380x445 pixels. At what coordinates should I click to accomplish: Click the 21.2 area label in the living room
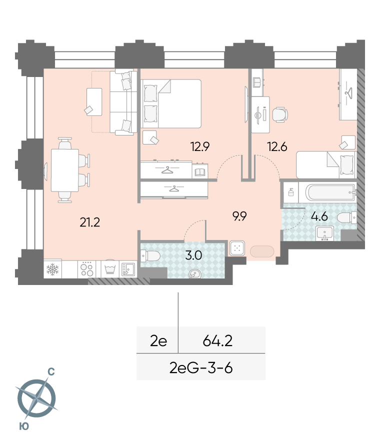[89, 222]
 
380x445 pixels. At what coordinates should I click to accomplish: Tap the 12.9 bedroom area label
[200, 147]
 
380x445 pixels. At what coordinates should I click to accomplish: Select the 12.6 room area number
[277, 147]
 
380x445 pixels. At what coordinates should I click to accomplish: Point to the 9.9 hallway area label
[239, 216]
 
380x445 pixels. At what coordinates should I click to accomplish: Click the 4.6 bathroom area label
[319, 217]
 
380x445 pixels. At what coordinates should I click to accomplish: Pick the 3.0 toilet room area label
[193, 255]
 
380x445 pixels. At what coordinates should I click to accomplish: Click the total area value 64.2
[217, 340]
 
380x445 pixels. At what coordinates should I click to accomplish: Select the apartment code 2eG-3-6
[201, 368]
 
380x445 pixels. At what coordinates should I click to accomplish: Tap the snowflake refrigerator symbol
[52, 269]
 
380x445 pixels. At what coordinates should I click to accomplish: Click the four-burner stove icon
[87, 269]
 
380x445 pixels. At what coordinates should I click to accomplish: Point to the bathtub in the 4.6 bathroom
[330, 192]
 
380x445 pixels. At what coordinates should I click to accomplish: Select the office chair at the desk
[280, 114]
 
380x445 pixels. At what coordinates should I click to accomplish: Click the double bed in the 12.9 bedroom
[171, 103]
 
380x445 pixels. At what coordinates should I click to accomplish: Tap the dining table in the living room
[65, 170]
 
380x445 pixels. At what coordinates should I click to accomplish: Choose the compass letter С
[51, 372]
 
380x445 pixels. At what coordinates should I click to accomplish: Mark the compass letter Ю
[24, 426]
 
